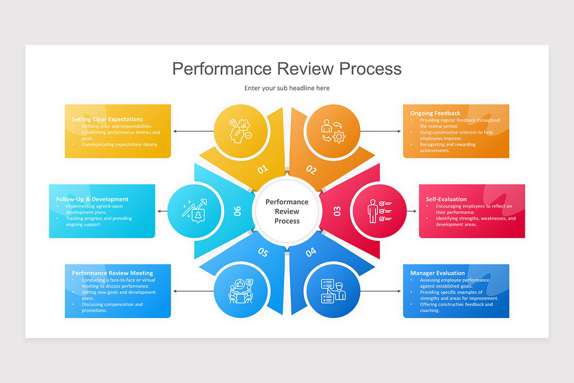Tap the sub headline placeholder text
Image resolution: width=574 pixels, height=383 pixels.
point(287,88)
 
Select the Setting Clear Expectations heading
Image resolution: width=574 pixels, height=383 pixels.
point(107,119)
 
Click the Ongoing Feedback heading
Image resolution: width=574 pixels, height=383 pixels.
point(435,113)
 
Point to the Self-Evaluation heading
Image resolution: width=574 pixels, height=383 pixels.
point(446,199)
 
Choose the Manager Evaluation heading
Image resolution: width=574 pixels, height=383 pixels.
point(437,273)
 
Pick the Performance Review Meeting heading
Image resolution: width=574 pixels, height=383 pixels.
point(112,273)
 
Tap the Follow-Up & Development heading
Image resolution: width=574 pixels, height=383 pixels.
point(92,199)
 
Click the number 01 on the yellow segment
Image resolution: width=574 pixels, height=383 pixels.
point(263,169)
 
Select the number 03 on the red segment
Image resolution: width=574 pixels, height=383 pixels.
point(337,211)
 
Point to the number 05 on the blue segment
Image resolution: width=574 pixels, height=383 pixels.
point(263,252)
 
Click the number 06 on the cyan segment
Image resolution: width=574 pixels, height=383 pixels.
point(237,211)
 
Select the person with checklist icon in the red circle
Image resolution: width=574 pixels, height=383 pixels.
point(378,211)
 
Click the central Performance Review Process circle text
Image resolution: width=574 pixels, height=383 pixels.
point(287,211)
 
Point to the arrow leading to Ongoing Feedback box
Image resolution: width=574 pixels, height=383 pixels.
point(380,131)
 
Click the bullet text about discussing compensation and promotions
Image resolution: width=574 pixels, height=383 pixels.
point(112,307)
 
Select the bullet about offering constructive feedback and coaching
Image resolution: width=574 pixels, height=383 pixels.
point(456,307)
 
